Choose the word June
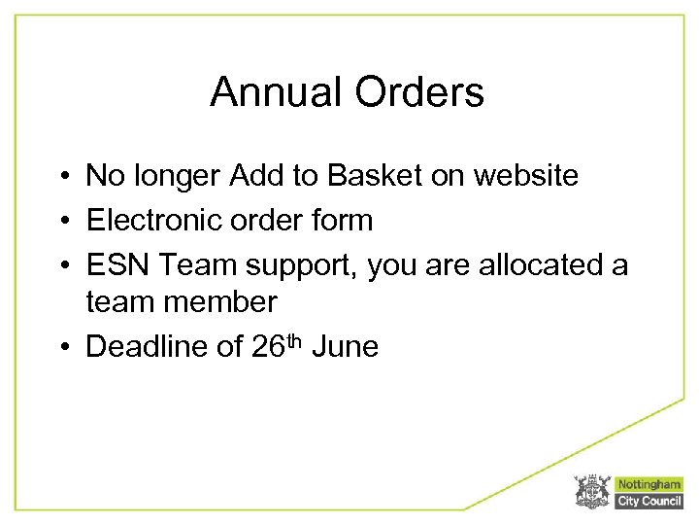(x=347, y=347)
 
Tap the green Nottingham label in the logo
(x=649, y=484)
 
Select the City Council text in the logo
(x=649, y=501)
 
